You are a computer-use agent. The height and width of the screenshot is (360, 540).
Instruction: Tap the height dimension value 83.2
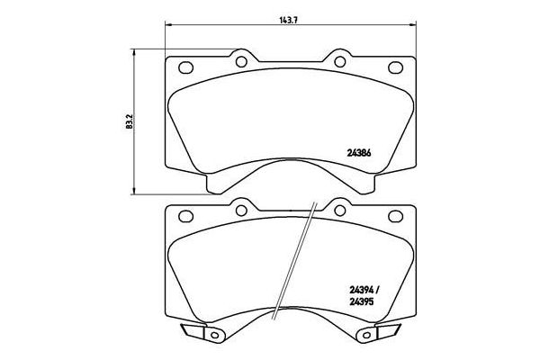click(x=127, y=119)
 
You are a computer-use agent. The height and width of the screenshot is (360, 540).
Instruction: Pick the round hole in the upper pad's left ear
click(x=241, y=61)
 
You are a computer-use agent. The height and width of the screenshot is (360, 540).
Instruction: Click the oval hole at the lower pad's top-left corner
click(x=186, y=216)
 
